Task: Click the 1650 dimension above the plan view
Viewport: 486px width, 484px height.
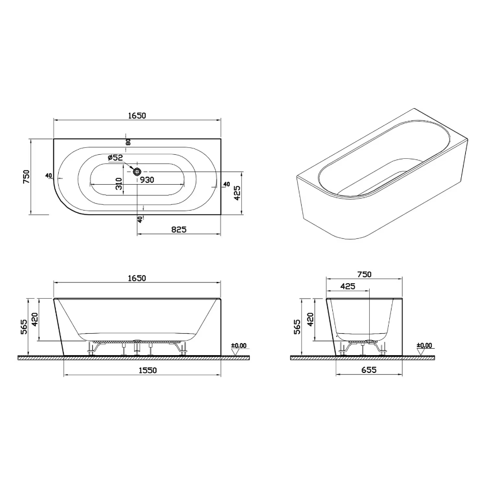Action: pos(136,115)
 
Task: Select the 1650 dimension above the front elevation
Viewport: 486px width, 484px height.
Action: pos(136,278)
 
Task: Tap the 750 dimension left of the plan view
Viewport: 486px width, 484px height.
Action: pos(26,176)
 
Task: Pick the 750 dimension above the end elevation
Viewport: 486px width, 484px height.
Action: pos(364,274)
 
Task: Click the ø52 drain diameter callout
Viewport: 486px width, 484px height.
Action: pos(115,158)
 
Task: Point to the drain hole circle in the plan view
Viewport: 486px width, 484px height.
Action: pos(137,172)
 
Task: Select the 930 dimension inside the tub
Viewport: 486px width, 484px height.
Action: pos(147,180)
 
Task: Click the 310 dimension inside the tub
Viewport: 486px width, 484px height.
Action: pos(119,184)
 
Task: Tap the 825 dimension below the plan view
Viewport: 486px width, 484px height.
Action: pos(179,229)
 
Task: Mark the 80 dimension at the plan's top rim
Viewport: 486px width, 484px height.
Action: pos(128,142)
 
